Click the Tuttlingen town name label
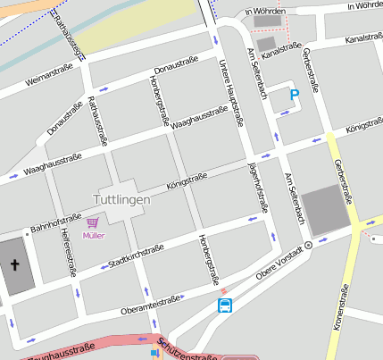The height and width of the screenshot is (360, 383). pyautogui.click(x=122, y=199)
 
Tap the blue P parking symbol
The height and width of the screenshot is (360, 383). pyautogui.click(x=294, y=93)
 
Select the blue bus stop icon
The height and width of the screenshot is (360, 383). pyautogui.click(x=225, y=306)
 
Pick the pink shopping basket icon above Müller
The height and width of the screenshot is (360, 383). pyautogui.click(x=93, y=222)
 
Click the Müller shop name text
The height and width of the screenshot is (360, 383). pyautogui.click(x=93, y=236)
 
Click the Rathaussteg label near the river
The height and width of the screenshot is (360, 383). pyautogui.click(x=67, y=36)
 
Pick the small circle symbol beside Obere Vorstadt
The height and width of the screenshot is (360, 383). pyautogui.click(x=309, y=244)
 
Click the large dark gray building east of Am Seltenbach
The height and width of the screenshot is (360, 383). pyautogui.click(x=325, y=211)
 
